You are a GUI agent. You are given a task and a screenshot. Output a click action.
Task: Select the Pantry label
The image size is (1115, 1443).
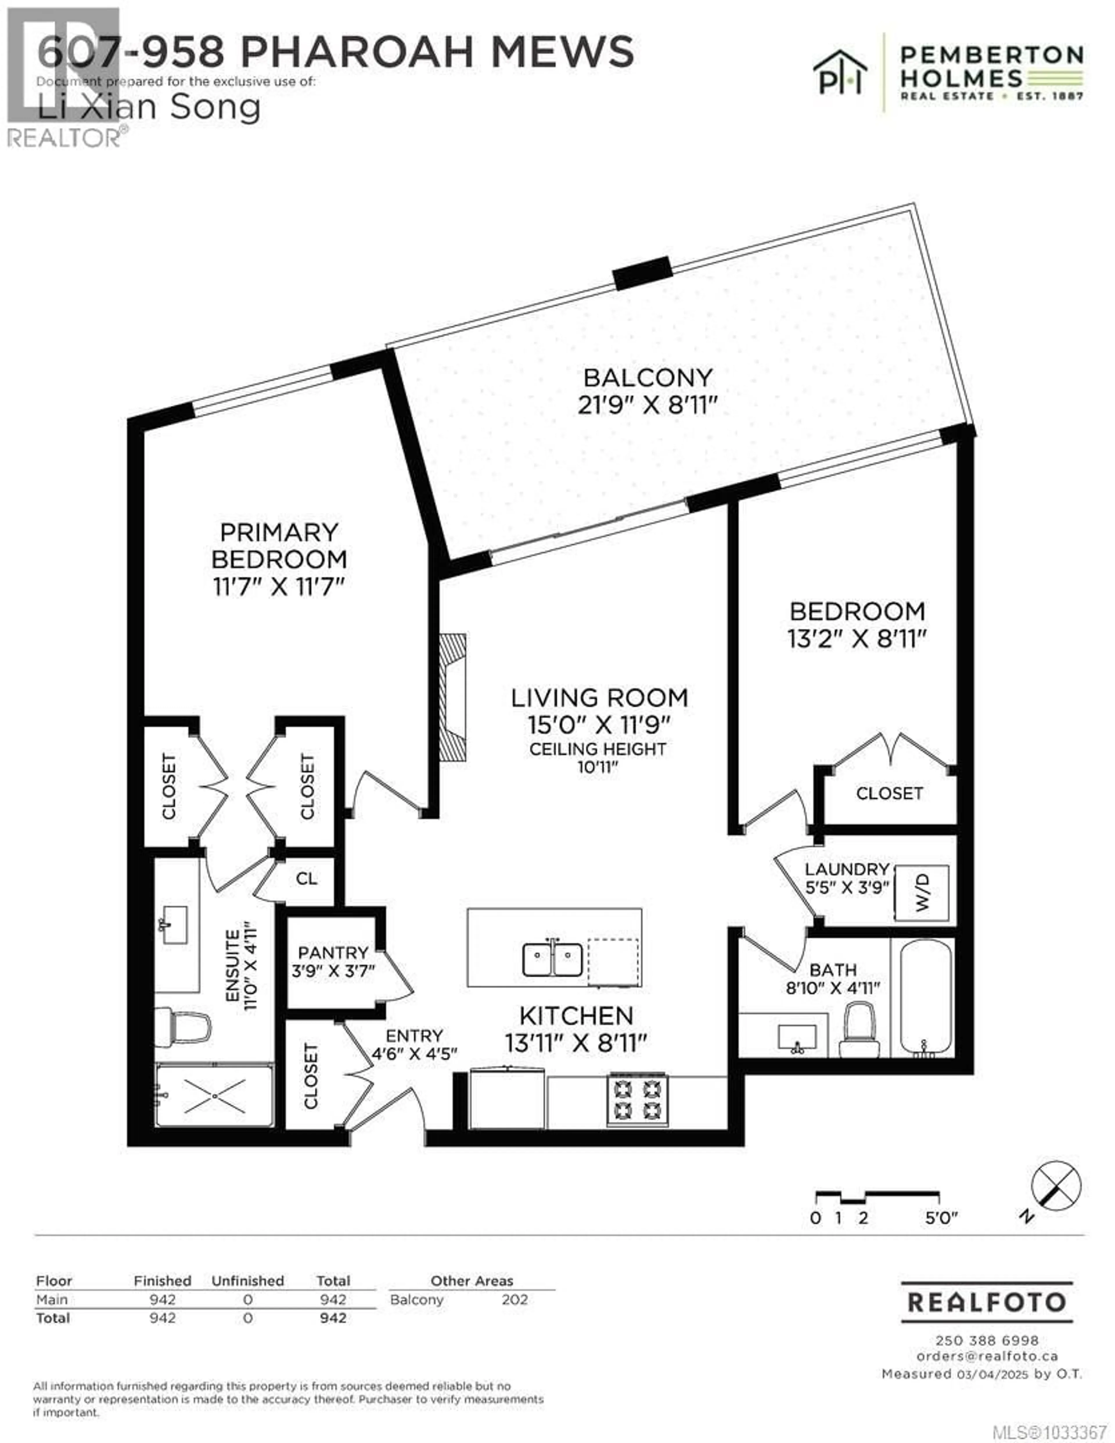tap(333, 953)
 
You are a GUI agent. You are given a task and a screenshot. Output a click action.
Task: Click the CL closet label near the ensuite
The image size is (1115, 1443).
tap(307, 879)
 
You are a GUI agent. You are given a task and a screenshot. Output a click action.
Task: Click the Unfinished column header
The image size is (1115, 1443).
tap(248, 1281)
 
